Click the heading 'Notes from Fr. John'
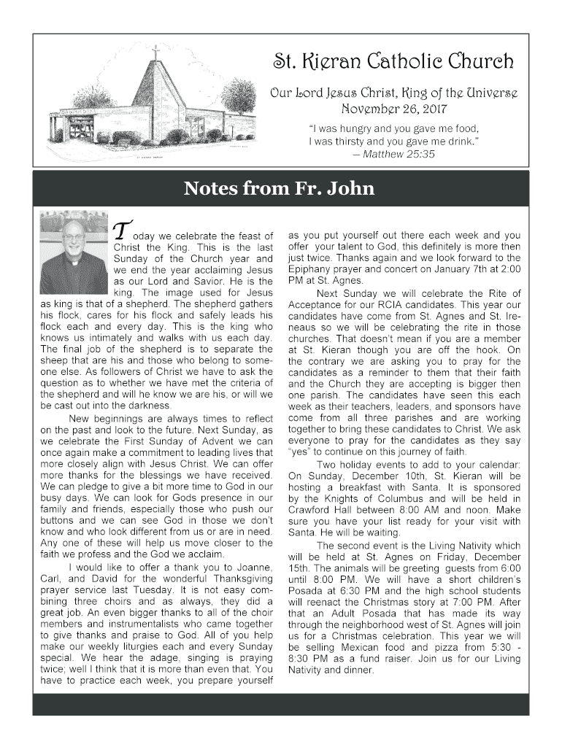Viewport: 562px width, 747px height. (280, 189)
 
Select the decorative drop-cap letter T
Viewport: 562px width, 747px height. (123, 231)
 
